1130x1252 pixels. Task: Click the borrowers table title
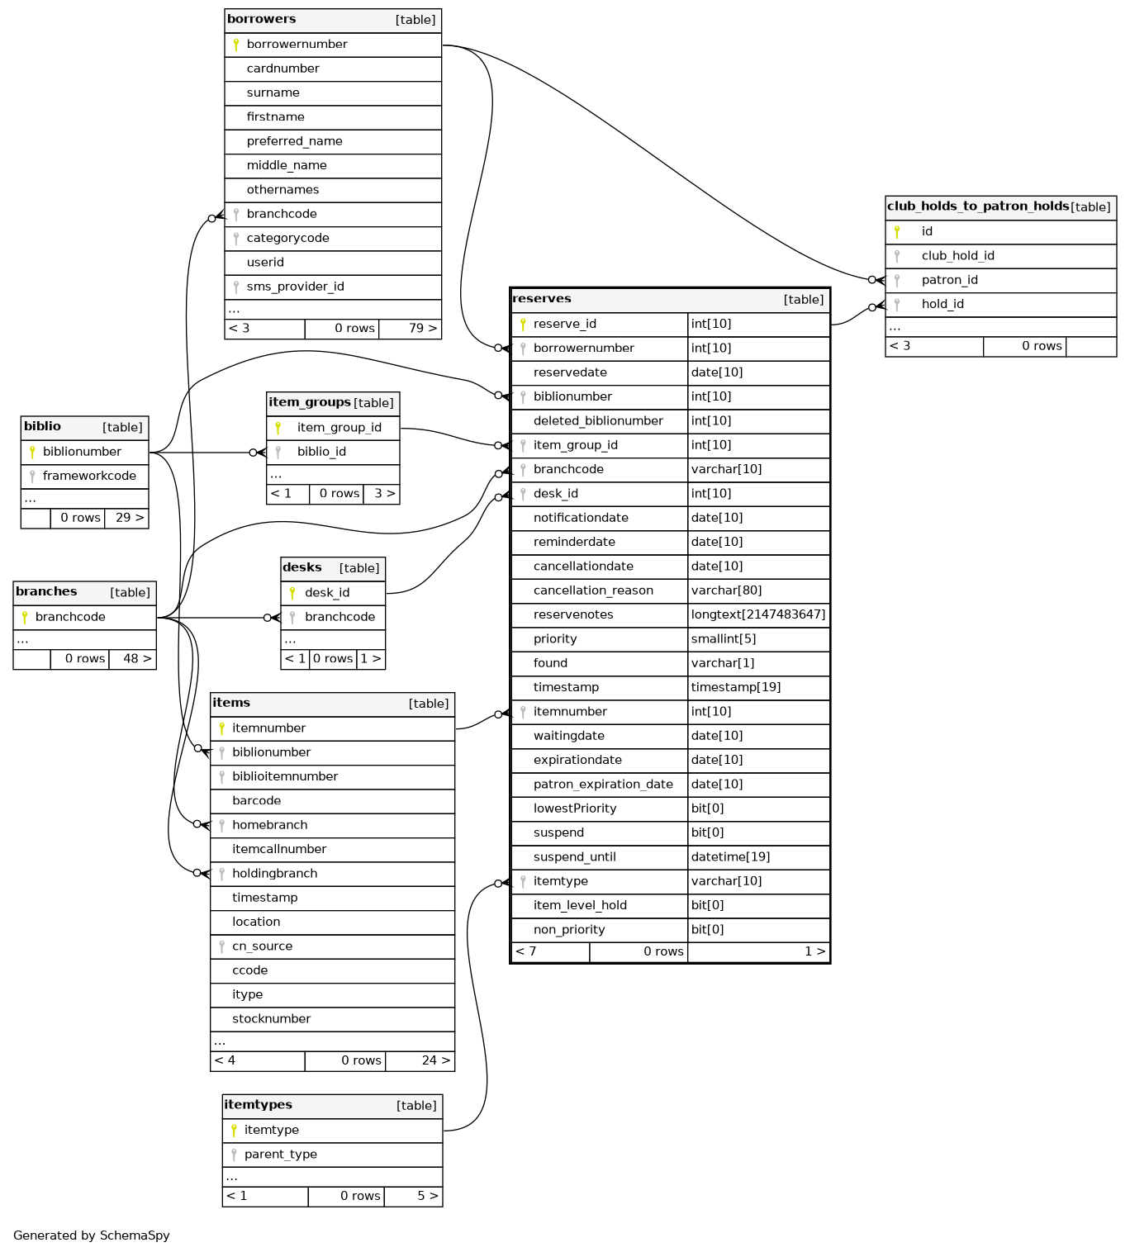coord(262,20)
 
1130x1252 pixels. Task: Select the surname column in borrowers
coord(273,93)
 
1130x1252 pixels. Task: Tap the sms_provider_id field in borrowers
coord(295,287)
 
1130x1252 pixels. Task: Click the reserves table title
coord(542,299)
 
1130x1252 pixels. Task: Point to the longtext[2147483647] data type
coord(757,614)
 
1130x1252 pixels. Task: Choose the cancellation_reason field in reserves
coord(593,590)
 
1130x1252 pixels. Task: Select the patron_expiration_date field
coord(603,785)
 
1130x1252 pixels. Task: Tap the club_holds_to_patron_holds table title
coord(977,206)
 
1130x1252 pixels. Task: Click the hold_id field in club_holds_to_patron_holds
coord(942,304)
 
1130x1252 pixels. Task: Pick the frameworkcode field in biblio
coord(89,476)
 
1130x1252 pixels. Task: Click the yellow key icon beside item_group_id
coord(278,428)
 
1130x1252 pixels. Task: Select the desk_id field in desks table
coord(327,593)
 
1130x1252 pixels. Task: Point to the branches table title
coord(46,592)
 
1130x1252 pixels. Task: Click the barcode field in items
coord(256,801)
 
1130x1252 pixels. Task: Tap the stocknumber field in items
coord(271,1019)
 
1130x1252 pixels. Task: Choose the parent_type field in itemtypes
coord(280,1155)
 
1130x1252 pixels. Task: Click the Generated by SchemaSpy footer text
coord(92,1235)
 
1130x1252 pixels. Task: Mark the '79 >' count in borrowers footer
coord(422,329)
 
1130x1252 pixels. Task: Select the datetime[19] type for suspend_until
coord(730,857)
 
